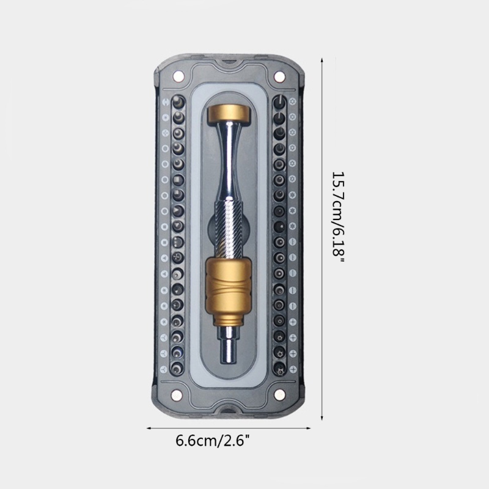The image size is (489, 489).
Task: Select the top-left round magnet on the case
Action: [178, 76]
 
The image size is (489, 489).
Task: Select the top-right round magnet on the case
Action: [279, 76]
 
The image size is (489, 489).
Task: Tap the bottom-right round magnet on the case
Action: [280, 395]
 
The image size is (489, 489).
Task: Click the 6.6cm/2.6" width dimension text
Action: [213, 441]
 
